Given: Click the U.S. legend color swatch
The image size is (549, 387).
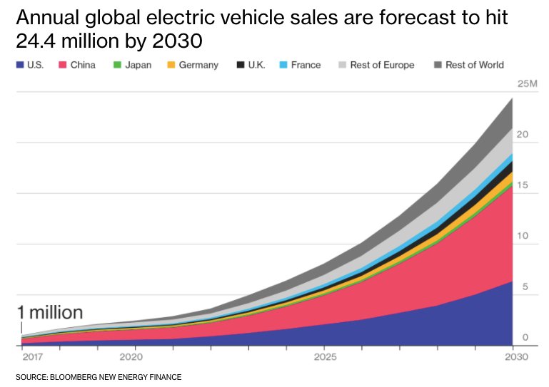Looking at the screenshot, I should click(20, 65).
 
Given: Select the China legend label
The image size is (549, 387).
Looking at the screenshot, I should click(83, 65).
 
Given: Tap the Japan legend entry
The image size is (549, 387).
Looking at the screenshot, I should click(136, 65).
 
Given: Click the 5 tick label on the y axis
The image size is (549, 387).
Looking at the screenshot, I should click(525, 287).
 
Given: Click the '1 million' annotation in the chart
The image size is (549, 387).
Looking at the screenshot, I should click(50, 312).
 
